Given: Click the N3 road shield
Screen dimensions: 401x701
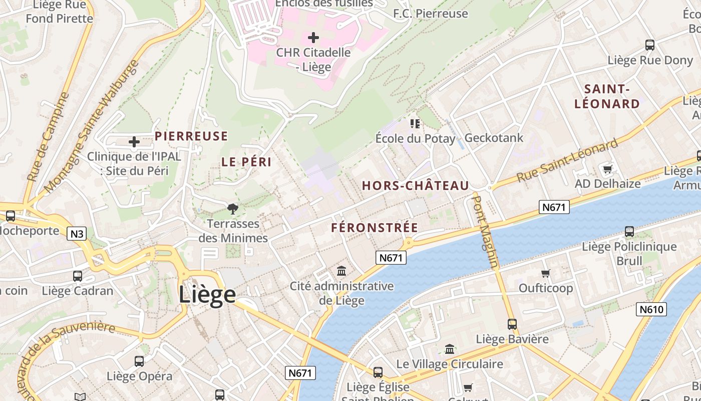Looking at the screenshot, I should point(77,234).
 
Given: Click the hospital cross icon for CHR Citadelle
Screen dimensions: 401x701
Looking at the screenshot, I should point(313,38).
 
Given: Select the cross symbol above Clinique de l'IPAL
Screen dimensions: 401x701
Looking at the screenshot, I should point(134,142).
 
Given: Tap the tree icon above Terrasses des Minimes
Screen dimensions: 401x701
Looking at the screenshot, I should point(232,209).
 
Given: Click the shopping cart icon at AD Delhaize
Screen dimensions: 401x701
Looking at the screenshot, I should point(607,169).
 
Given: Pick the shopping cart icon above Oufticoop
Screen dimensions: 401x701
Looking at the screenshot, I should point(545,273).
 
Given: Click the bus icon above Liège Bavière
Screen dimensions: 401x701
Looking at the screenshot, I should point(512,324).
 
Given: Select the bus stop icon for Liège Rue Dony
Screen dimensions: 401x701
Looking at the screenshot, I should point(649,45).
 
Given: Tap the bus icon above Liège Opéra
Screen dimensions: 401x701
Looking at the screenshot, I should point(139,361).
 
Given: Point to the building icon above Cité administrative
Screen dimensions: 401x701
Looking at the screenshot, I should point(341,271).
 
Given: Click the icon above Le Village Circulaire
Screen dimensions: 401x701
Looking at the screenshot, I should point(450,349).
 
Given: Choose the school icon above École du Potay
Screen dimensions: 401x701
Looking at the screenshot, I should point(415,123).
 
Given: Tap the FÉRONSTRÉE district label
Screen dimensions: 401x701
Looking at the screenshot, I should point(375,228).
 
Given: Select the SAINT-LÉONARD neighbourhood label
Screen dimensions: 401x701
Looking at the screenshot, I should point(607,97).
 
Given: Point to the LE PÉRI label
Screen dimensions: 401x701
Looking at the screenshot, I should point(246,162).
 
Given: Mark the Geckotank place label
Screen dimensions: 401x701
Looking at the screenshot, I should point(494,138).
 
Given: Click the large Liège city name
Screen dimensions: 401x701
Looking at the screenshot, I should point(207,294).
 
